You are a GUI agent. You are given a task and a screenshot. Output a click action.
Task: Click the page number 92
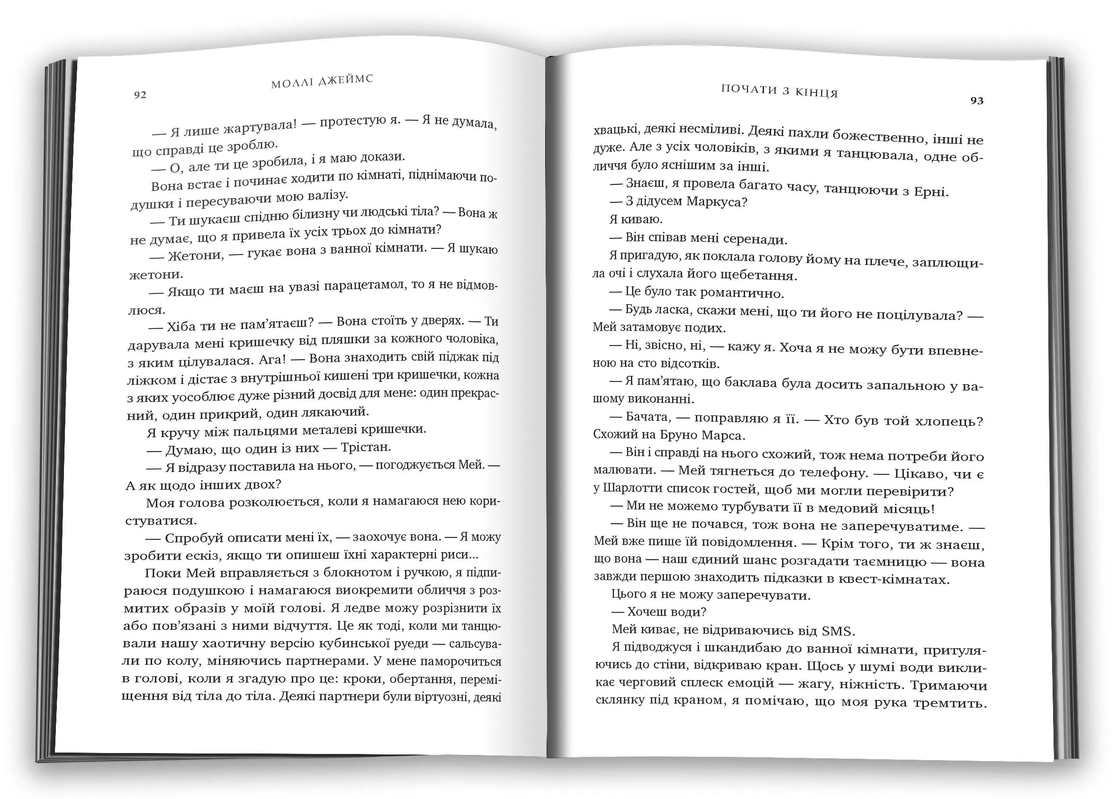click(x=140, y=94)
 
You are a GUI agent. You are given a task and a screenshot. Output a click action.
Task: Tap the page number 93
click(x=977, y=101)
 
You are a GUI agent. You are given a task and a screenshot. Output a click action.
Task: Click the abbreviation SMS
click(x=838, y=631)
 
